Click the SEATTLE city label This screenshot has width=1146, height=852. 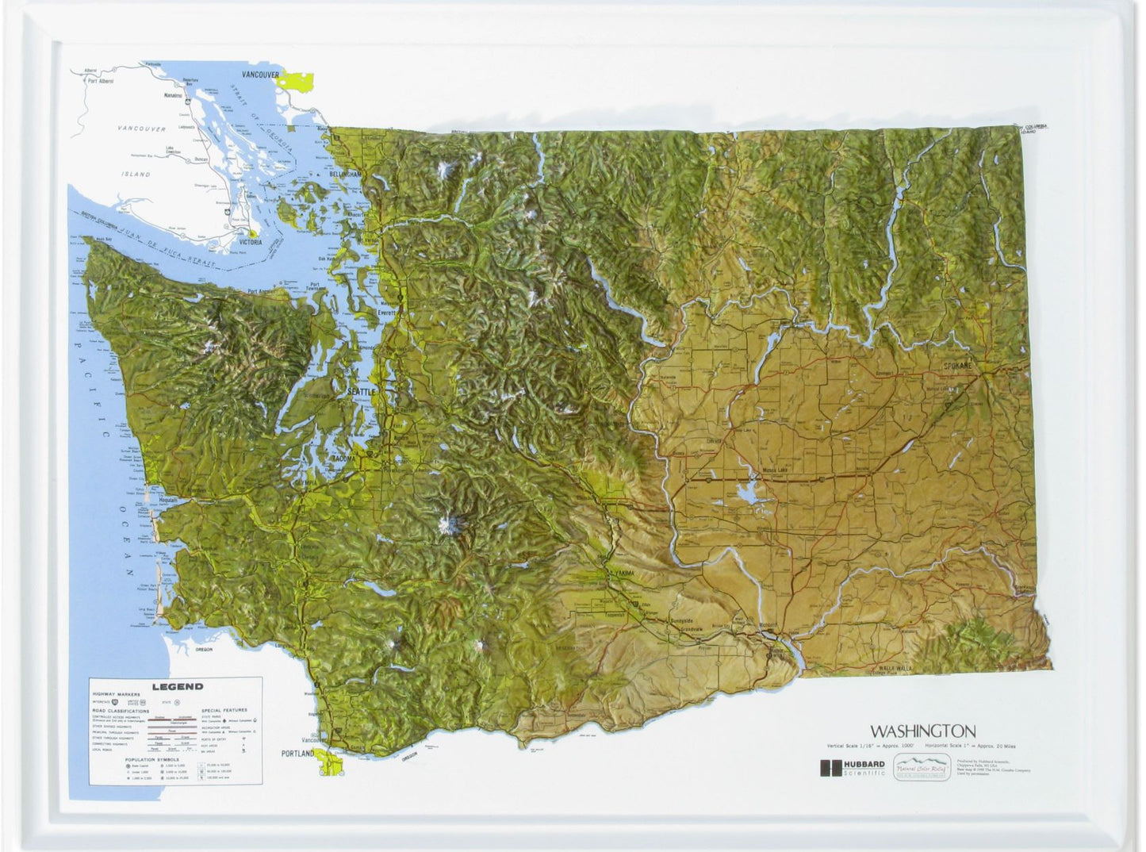tap(361, 392)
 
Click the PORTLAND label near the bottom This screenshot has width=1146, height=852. tap(297, 753)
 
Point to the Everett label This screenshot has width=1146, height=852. tap(386, 313)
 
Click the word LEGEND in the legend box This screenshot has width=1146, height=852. tap(178, 686)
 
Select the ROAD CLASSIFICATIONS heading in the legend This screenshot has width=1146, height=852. tap(121, 712)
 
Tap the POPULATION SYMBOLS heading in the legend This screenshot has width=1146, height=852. tap(151, 759)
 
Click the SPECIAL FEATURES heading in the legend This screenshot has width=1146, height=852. tap(224, 711)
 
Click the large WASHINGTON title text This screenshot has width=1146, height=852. tap(922, 731)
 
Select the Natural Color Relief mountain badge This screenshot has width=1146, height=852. tap(922, 768)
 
